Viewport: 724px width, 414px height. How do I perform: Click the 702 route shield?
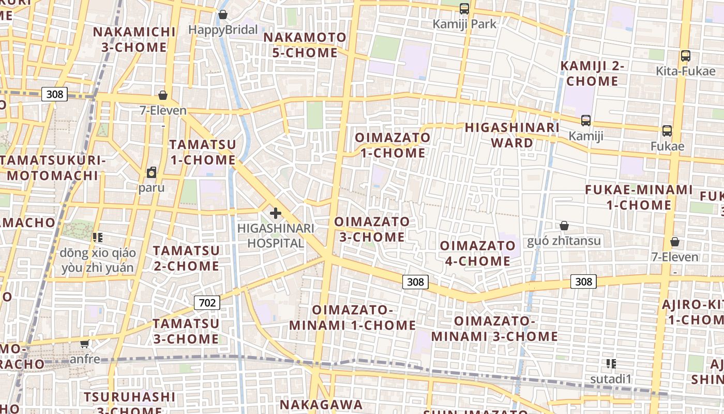tap(207, 303)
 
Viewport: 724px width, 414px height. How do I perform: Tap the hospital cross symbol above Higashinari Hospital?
tap(276, 213)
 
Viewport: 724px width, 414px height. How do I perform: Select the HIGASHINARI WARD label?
tap(512, 135)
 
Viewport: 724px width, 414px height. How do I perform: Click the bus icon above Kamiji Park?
tap(464, 9)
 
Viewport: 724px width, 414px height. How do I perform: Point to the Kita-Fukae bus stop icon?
tap(685, 56)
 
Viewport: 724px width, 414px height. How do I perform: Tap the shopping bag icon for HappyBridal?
tap(223, 14)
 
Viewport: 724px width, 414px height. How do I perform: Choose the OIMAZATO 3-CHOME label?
tap(372, 229)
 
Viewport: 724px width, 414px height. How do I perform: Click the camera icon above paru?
tap(152, 172)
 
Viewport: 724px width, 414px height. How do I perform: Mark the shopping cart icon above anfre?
tap(85, 344)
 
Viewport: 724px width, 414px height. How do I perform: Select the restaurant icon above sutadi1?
tap(611, 364)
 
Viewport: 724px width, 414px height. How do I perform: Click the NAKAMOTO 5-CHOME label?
tap(305, 45)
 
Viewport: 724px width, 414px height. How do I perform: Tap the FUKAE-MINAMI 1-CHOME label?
tap(639, 197)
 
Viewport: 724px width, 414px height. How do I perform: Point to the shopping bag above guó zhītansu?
tap(564, 226)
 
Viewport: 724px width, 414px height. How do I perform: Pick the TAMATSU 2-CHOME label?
tap(186, 258)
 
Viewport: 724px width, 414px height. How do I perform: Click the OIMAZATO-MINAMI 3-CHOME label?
tap(494, 329)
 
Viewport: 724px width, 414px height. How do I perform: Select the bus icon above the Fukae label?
tap(667, 131)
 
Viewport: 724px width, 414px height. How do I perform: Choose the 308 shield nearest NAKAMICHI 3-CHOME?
tap(54, 94)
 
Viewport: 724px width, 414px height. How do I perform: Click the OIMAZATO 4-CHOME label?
tap(478, 253)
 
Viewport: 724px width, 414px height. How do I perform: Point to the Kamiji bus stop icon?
tap(585, 121)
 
